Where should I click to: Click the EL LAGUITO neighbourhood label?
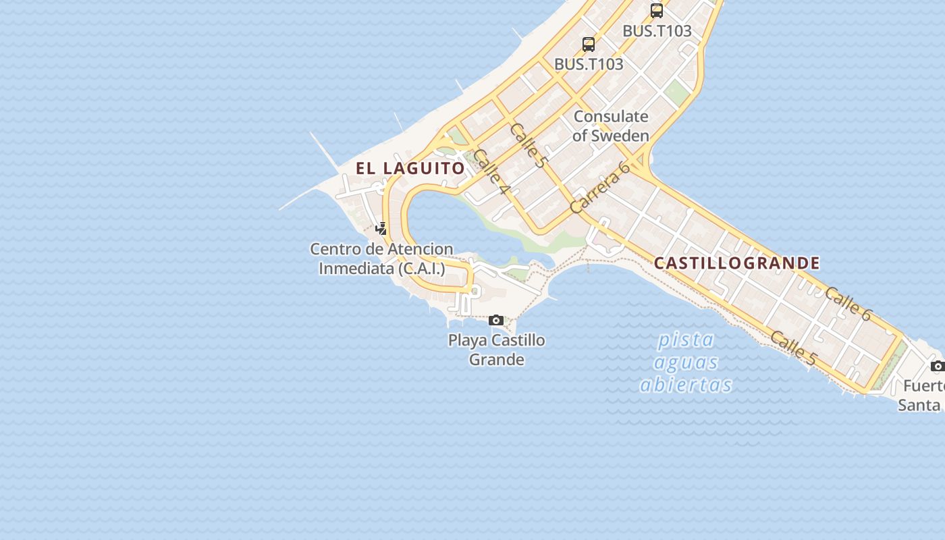pyautogui.click(x=410, y=168)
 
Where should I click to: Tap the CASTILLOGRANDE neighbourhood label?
pyautogui.click(x=737, y=263)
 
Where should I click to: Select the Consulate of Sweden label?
pyautogui.click(x=611, y=126)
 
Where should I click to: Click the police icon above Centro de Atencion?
pyautogui.click(x=381, y=229)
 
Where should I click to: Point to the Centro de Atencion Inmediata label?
pyautogui.click(x=381, y=259)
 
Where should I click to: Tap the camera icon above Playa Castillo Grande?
pyautogui.click(x=496, y=320)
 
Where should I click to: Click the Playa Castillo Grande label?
pyautogui.click(x=497, y=349)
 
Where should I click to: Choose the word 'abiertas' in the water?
pyautogui.click(x=686, y=385)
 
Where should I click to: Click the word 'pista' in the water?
pyautogui.click(x=686, y=340)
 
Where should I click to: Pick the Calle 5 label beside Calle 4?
pyautogui.click(x=528, y=145)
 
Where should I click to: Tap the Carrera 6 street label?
pyautogui.click(x=599, y=188)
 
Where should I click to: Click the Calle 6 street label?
pyautogui.click(x=848, y=303)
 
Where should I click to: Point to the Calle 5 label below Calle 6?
pyautogui.click(x=793, y=348)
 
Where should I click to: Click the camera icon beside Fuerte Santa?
pyautogui.click(x=937, y=366)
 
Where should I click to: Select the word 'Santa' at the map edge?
pyautogui.click(x=919, y=405)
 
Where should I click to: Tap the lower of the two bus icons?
pyautogui.click(x=589, y=45)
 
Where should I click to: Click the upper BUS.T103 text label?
pyautogui.click(x=657, y=31)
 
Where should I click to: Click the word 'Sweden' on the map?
pyautogui.click(x=620, y=135)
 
